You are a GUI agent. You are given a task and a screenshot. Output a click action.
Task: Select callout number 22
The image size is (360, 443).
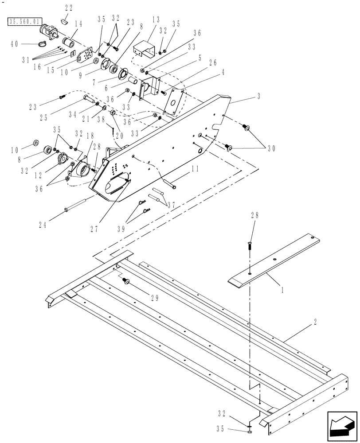(69, 8)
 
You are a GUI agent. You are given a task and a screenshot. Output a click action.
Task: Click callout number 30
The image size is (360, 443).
(271, 148)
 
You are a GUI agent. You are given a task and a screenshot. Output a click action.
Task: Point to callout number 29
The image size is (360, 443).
(154, 298)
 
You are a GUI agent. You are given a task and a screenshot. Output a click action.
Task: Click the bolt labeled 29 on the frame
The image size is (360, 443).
(125, 280)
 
